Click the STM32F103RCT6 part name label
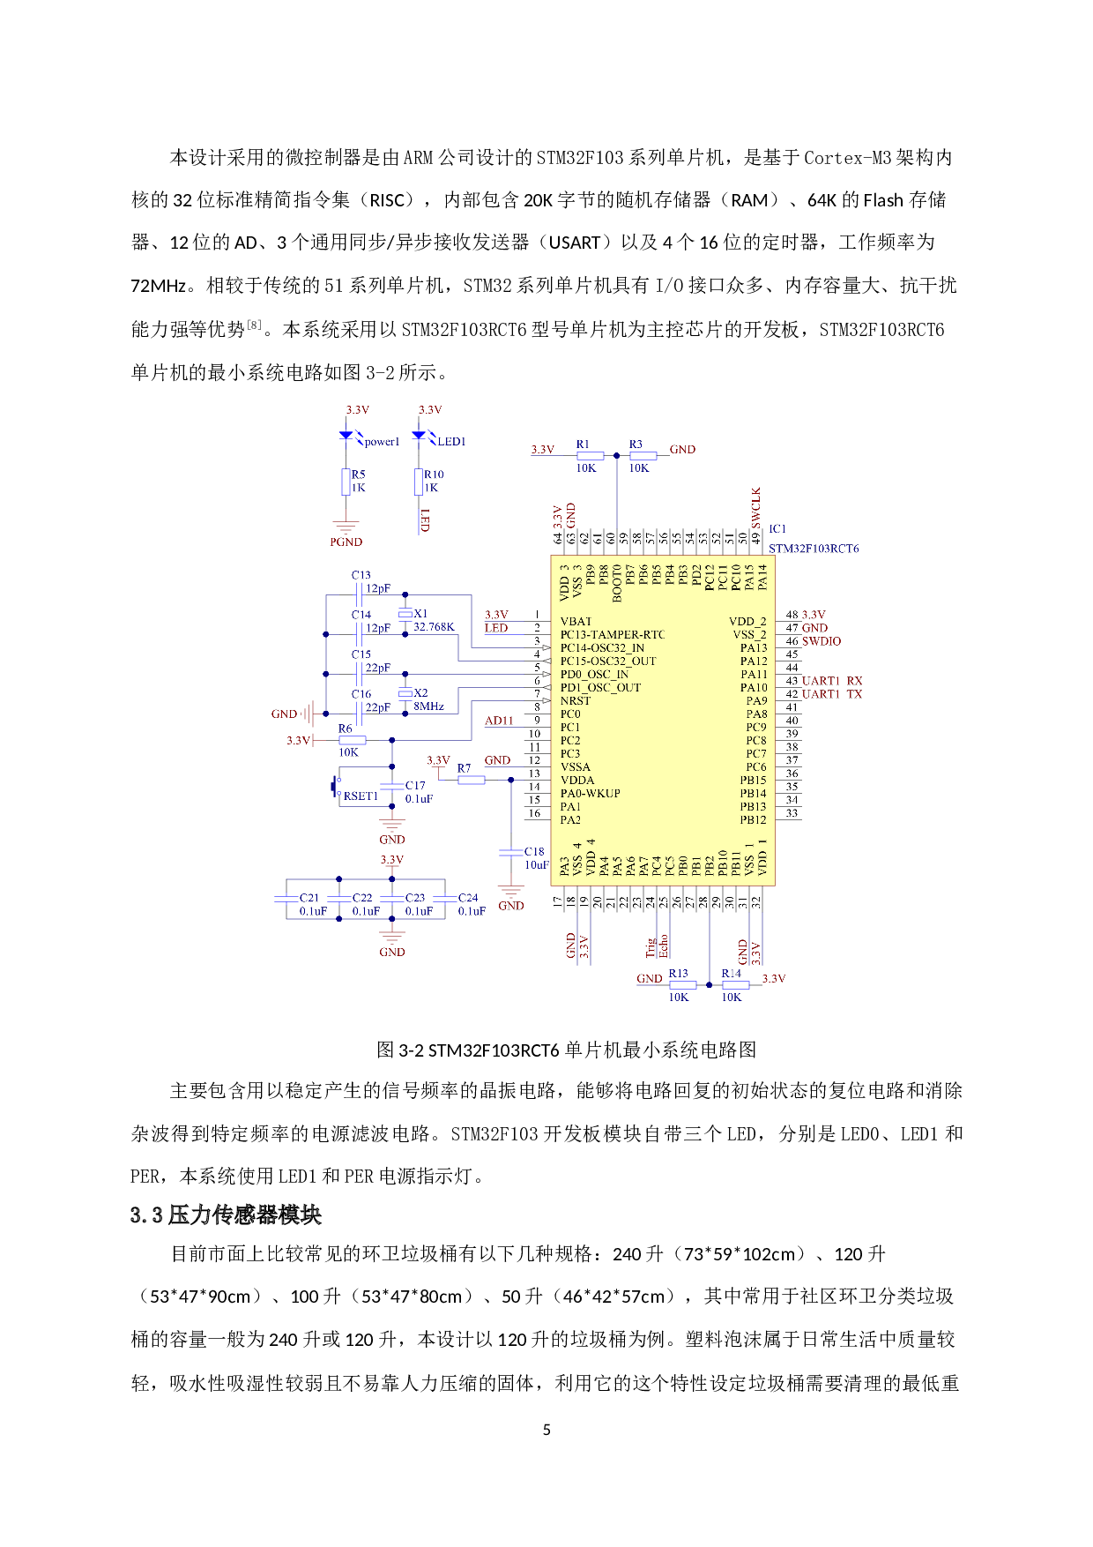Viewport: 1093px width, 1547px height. tap(813, 549)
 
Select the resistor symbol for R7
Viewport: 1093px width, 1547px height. tap(472, 780)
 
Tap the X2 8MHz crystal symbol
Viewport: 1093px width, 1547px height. tap(405, 694)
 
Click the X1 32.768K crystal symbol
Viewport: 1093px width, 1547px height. tap(405, 615)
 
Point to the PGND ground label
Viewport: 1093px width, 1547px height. tap(346, 542)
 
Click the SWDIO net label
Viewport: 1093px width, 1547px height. tap(822, 641)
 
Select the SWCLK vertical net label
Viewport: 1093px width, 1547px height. tap(755, 508)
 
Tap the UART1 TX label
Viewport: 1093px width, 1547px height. tap(832, 694)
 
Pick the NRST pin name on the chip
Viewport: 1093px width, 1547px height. tap(576, 701)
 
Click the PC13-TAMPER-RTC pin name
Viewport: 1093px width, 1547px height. tap(612, 635)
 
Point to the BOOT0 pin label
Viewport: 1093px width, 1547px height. tap(617, 583)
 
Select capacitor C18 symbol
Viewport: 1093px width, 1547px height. tap(510, 852)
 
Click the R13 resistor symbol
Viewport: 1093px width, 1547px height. tap(683, 984)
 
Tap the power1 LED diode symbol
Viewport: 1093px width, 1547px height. tap(347, 435)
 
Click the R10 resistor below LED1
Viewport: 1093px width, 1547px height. tap(419, 482)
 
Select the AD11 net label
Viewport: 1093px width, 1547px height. tap(499, 721)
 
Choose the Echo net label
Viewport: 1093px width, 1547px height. tap(664, 945)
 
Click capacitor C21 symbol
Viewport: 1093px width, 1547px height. tap(286, 899)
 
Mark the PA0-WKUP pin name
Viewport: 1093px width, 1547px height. tap(590, 794)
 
